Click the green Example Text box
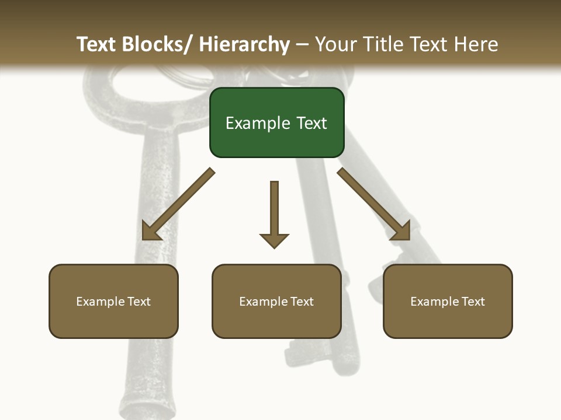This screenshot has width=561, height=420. (276, 123)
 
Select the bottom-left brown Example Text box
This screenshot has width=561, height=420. (113, 301)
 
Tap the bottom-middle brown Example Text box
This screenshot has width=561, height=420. (276, 301)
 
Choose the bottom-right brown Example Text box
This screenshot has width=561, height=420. (448, 301)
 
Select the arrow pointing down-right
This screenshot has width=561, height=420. (374, 204)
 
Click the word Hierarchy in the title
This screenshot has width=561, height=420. (244, 44)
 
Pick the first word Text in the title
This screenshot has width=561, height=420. (97, 44)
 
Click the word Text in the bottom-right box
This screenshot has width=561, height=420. (473, 301)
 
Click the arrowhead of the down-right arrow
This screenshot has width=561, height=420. (402, 232)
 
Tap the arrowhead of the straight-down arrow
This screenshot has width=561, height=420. (274, 240)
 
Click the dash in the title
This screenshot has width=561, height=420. (302, 45)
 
